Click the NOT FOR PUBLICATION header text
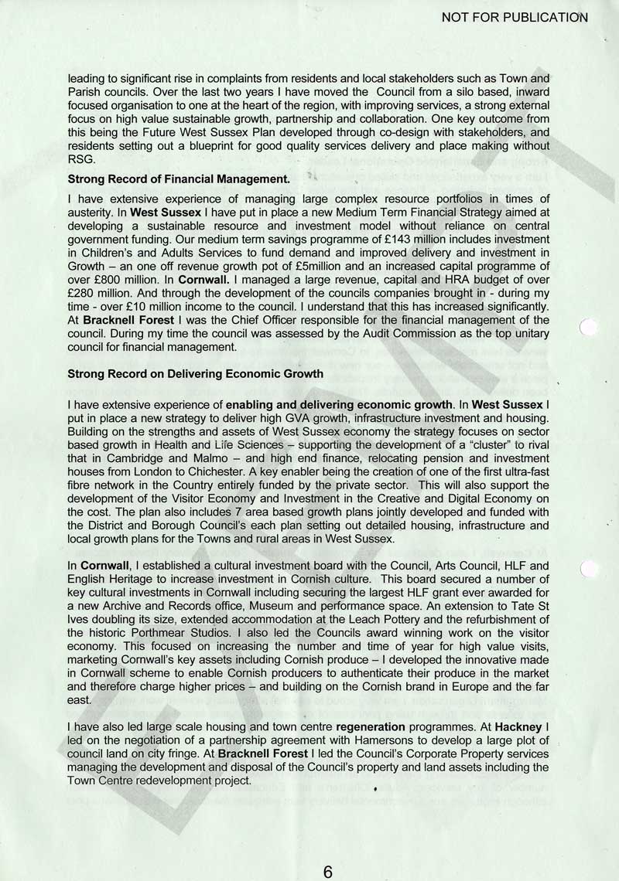515,16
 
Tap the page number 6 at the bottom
328,872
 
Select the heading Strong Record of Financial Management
179,179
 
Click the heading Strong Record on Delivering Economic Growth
196,373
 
